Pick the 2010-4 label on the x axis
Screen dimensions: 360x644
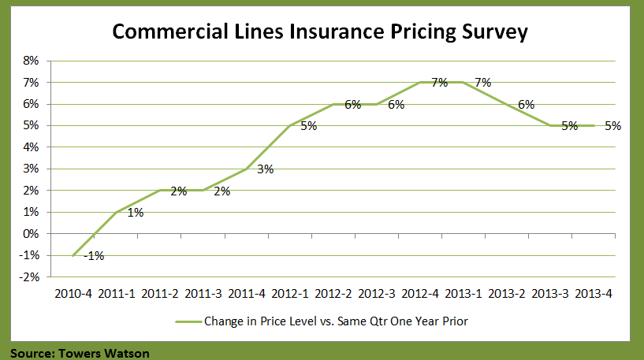point(73,293)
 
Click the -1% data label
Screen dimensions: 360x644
point(95,255)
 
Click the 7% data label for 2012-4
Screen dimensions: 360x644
point(439,82)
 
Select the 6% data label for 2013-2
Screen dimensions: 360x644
point(526,104)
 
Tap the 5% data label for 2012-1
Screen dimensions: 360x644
point(308,126)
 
